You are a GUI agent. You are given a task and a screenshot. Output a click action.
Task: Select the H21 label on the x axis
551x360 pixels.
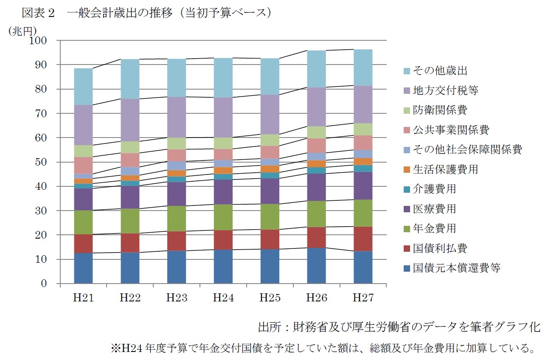pos(83,298)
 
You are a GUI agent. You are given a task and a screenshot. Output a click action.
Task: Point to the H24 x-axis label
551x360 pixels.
pos(223,298)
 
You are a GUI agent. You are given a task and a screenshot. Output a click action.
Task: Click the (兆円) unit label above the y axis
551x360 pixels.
pos(22,31)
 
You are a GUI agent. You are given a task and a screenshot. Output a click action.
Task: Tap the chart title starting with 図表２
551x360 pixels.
pos(146,14)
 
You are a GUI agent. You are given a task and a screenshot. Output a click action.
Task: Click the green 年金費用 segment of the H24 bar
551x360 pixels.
pos(223,217)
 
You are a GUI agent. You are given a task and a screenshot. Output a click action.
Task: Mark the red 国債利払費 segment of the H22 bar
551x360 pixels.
pos(130,243)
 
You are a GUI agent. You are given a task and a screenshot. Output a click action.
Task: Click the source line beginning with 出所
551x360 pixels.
pos(399,327)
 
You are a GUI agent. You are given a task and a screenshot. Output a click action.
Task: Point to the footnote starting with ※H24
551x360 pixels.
pos(323,349)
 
